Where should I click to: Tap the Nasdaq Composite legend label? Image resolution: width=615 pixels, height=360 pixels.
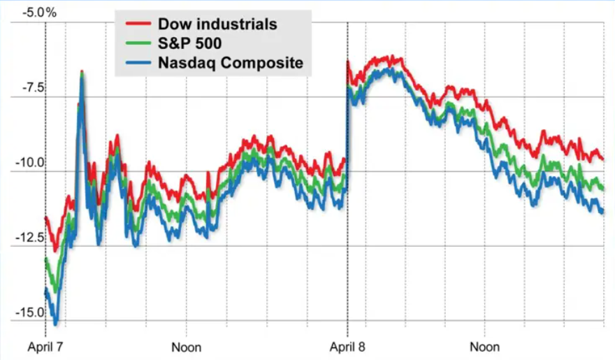point(231,63)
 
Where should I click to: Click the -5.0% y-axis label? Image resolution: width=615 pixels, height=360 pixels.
point(25,13)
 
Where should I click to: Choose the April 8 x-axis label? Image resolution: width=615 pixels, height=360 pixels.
point(347,347)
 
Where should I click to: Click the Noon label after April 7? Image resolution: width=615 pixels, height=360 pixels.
point(187,347)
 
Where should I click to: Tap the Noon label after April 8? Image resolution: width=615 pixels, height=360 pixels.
point(484,347)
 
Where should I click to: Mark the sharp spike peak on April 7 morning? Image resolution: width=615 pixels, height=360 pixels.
point(82,72)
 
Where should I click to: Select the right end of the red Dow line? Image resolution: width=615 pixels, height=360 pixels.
point(602,159)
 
